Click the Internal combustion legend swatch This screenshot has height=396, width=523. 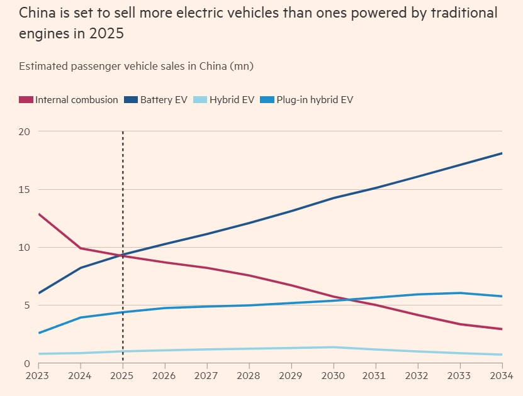(26, 99)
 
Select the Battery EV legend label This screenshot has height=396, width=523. (164, 99)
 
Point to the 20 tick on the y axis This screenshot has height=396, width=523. (25, 131)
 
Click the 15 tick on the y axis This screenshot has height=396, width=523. (25, 189)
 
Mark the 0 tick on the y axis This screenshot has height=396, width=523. (27, 363)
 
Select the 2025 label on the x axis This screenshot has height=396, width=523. (123, 377)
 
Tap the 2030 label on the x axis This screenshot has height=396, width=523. (334, 377)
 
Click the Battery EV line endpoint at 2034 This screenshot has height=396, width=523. (502, 153)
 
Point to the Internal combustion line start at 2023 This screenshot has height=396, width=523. (39, 214)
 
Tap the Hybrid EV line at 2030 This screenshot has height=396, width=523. (334, 347)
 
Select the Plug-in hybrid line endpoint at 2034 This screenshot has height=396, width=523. (502, 296)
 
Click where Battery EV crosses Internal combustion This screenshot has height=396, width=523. (120, 255)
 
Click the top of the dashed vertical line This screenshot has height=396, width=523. (123, 132)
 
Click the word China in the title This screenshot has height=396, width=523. (37, 13)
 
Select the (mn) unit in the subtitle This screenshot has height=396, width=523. (242, 65)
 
